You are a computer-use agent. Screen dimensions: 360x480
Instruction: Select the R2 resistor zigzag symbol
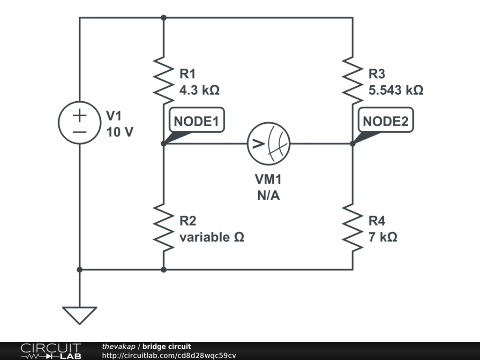[x=164, y=227]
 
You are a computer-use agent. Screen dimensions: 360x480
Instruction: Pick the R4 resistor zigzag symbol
[x=352, y=227]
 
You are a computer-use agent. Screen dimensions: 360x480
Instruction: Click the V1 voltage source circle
[x=80, y=123]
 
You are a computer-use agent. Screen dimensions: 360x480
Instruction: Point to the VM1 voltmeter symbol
[x=269, y=143]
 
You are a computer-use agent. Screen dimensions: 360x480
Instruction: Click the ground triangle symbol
[x=80, y=315]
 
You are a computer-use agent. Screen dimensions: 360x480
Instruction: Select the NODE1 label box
[x=196, y=121]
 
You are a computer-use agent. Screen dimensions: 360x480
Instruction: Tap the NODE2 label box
[x=386, y=121]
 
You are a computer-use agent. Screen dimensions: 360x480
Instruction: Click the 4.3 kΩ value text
[x=199, y=90]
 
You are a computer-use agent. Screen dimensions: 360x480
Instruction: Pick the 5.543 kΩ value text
[x=396, y=90]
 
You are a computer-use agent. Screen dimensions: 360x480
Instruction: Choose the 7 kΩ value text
[x=383, y=237]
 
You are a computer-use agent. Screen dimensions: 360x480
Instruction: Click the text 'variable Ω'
[x=212, y=237]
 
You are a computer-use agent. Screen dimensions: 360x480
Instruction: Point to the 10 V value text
[x=120, y=132]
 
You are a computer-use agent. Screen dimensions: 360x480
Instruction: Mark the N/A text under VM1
[x=268, y=196]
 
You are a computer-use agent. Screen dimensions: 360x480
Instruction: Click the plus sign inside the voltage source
[x=80, y=115]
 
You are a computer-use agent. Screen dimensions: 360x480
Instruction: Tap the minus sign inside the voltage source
[x=80, y=132]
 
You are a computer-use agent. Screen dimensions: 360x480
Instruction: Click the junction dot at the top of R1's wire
[x=164, y=18]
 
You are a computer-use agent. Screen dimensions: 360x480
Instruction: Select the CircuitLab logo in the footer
[x=51, y=351]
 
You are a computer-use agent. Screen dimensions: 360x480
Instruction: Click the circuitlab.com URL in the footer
[x=169, y=355]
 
